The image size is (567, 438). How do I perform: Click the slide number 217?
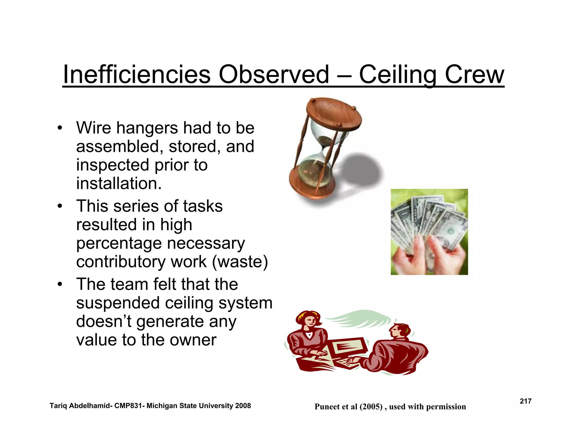click(x=525, y=401)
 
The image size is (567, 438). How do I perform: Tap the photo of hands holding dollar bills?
click(x=429, y=232)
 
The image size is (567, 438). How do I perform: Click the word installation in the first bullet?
click(x=118, y=184)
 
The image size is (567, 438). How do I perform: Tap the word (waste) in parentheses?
click(x=240, y=262)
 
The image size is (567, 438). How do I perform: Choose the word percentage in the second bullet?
click(x=119, y=244)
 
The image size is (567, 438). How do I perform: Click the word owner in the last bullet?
click(x=193, y=340)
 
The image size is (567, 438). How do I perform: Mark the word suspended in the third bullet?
click(x=118, y=303)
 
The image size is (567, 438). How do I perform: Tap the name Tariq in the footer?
click(x=58, y=406)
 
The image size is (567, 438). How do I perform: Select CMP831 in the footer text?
click(x=128, y=406)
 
